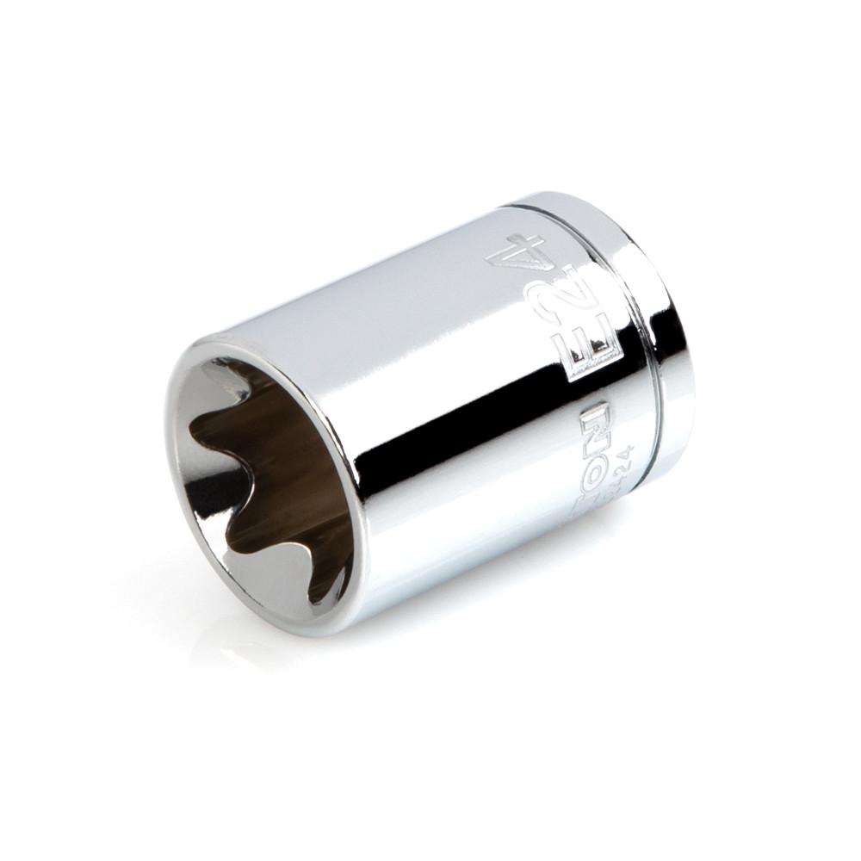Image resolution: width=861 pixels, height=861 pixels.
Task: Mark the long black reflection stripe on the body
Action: click(482, 430)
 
